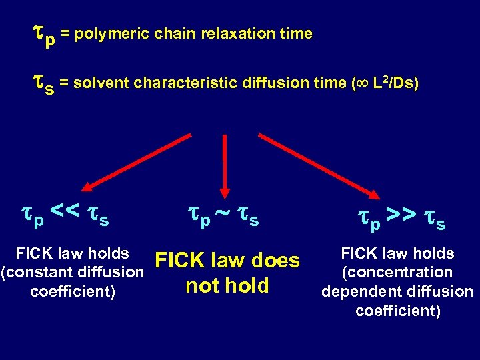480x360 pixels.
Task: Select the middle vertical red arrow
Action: [x=225, y=164]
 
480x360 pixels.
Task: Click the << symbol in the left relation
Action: [x=65, y=214]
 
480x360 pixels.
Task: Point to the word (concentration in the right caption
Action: [x=397, y=272]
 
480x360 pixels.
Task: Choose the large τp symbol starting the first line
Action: [x=45, y=35]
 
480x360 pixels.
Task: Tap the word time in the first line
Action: [x=294, y=34]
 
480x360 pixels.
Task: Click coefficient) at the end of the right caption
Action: [x=397, y=311]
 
